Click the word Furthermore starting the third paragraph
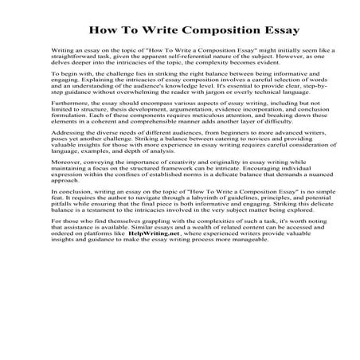(x=70, y=126)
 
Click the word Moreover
(x=66, y=190)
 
